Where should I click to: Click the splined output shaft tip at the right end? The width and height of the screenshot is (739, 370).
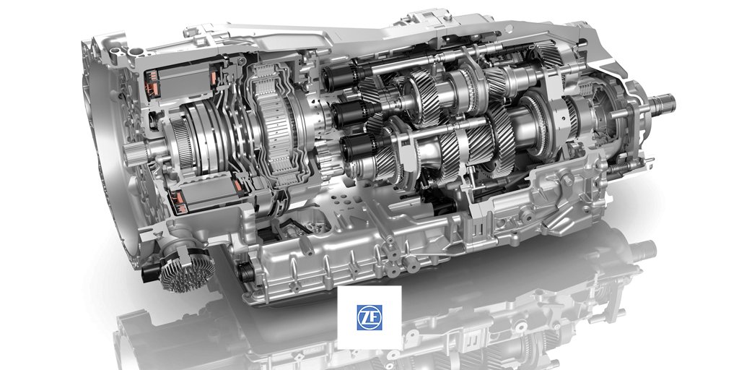tap(665, 104)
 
